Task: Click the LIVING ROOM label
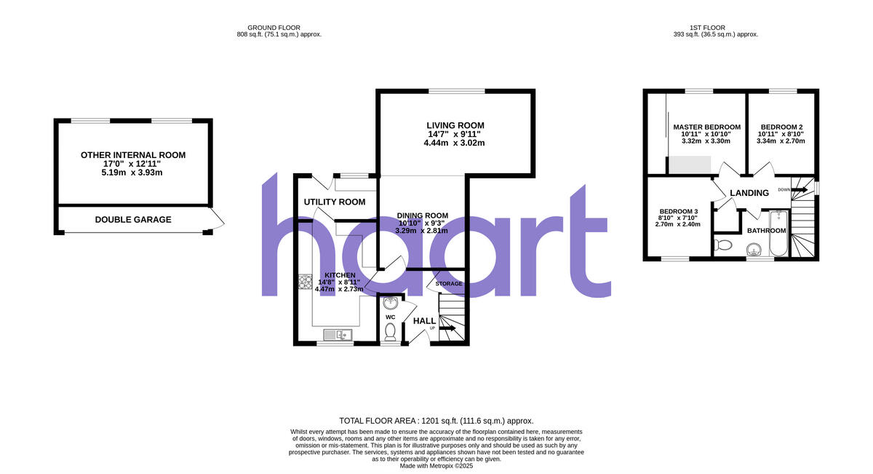pos(455,125)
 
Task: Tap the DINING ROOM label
pos(422,215)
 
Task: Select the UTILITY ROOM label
pos(335,202)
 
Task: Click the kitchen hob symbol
pos(305,281)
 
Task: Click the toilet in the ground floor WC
pos(390,331)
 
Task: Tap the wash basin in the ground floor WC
pos(389,302)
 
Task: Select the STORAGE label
pos(449,283)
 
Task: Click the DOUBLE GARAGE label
pos(133,219)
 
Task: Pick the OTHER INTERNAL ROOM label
pos(133,155)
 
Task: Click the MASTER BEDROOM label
pos(706,127)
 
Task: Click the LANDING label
pos(749,193)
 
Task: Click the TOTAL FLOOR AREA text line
pos(436,421)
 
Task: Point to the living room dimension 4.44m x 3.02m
pos(455,143)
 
